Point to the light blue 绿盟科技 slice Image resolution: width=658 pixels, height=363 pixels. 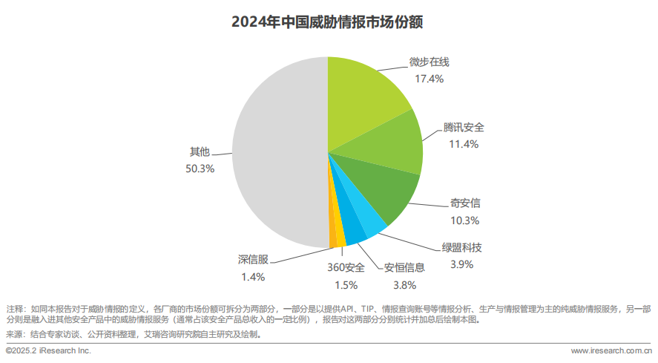(367, 223)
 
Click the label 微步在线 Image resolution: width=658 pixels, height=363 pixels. (430, 62)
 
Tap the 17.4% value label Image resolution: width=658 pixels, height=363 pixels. (430, 78)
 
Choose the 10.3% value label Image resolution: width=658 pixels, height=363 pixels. (465, 220)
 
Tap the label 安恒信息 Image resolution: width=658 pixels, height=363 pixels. (404, 267)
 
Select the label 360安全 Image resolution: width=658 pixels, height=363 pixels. (346, 267)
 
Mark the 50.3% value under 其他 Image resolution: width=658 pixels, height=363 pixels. (200, 169)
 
